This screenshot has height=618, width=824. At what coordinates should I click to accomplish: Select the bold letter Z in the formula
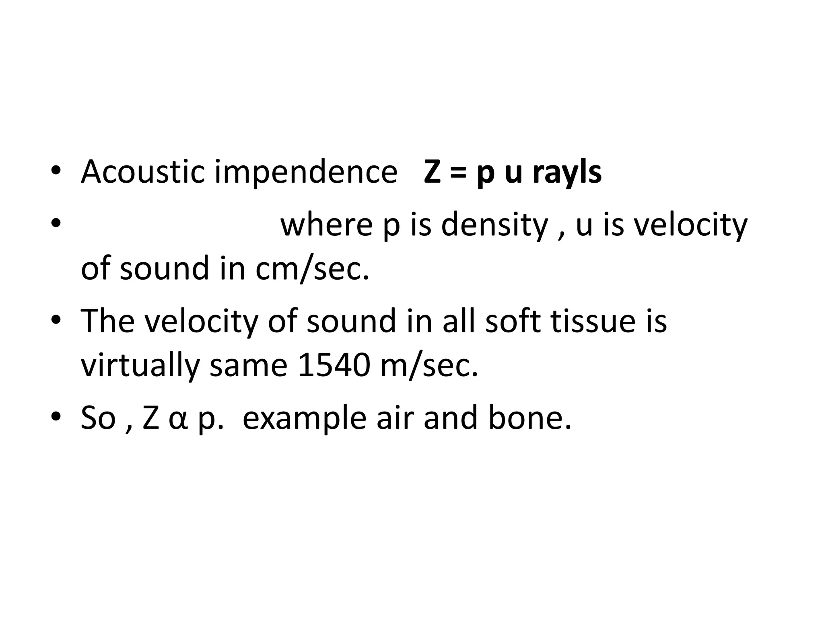(x=433, y=172)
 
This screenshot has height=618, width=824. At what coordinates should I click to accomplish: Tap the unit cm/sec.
(x=312, y=269)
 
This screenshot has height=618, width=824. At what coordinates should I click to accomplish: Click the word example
(x=305, y=418)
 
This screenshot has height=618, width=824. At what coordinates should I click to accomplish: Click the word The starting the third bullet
(x=108, y=321)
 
